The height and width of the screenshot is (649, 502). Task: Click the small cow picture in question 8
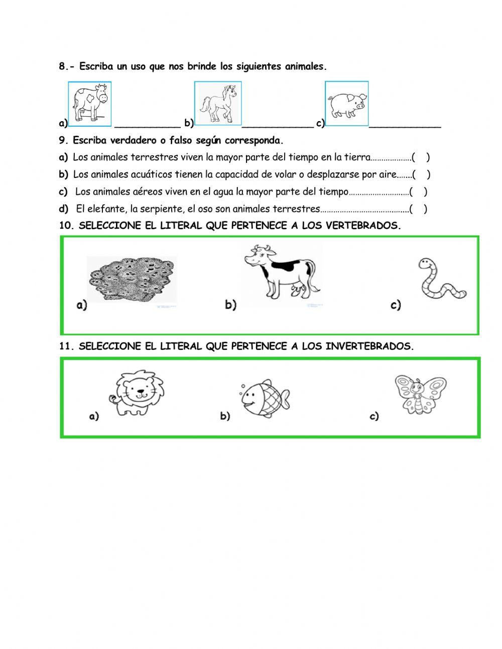[x=90, y=103]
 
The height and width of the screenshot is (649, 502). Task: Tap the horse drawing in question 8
[x=218, y=103]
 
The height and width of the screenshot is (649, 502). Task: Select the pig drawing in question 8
[x=346, y=103]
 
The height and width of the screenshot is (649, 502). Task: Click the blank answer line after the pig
[x=405, y=126]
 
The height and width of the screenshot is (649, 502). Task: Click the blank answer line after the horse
[x=278, y=126]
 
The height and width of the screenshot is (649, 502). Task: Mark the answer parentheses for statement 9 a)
[x=421, y=157]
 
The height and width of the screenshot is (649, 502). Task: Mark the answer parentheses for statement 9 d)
[x=418, y=209]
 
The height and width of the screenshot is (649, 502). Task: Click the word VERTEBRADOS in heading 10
[x=363, y=226]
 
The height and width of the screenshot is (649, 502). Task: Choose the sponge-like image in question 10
[x=132, y=280]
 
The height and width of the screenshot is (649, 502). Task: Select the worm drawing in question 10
[x=440, y=280]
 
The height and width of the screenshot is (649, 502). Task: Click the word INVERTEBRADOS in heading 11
[x=369, y=346]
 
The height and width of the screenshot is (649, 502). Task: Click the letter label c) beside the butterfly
[x=374, y=416]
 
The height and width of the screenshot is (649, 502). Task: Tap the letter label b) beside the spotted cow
[x=230, y=305]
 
